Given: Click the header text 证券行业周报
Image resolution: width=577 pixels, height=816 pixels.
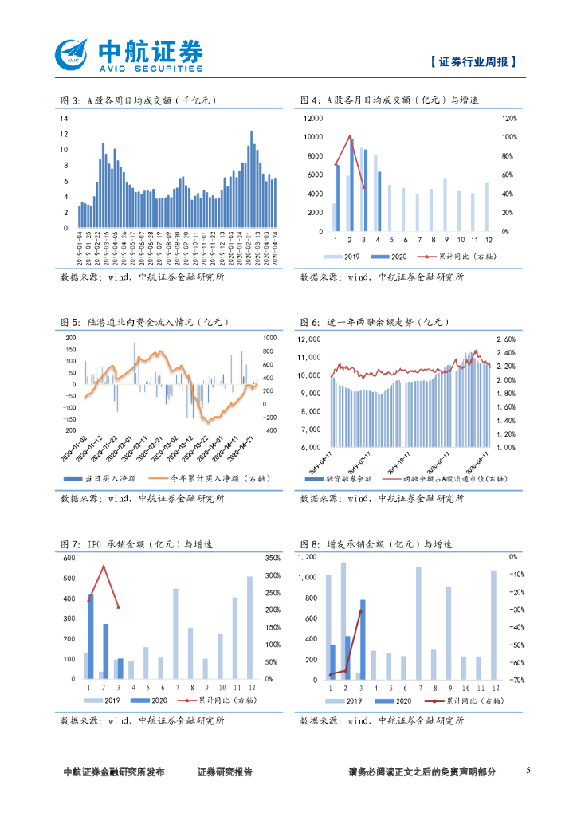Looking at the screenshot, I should [473, 61].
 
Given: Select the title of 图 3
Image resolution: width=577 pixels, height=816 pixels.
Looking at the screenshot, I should [139, 100].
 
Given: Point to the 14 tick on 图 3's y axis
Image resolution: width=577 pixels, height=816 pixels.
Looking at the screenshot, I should [64, 118].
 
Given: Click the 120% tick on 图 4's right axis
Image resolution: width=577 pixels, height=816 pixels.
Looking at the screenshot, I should [509, 118].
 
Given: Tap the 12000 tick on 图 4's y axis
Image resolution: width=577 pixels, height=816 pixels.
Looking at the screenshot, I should [313, 118].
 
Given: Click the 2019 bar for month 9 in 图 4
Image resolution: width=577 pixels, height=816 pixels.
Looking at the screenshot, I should [445, 205].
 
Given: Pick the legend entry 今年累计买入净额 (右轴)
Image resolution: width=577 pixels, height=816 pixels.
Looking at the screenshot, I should [213, 478].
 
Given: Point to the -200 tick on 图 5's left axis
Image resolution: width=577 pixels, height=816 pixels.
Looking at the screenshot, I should [69, 430].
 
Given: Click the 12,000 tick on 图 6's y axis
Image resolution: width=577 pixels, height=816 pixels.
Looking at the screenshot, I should [308, 339].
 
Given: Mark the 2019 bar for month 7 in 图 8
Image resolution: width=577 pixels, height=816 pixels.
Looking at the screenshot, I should [418, 622].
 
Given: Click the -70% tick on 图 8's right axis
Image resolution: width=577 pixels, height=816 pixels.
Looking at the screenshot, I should [516, 680].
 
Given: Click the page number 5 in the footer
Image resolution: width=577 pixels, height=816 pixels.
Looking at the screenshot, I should [528, 771].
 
